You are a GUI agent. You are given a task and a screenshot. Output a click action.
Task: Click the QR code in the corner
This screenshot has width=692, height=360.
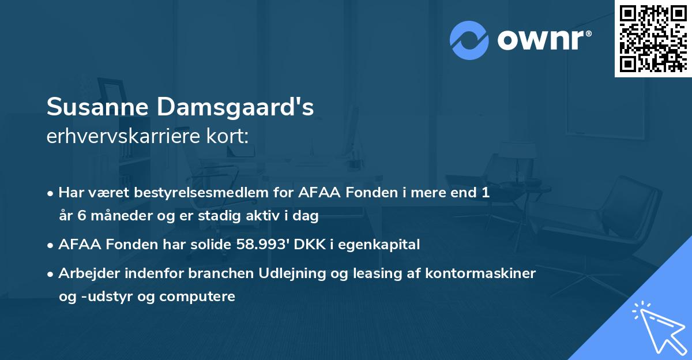(653, 38)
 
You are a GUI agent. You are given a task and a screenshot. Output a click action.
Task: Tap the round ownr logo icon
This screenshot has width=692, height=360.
(469, 40)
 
